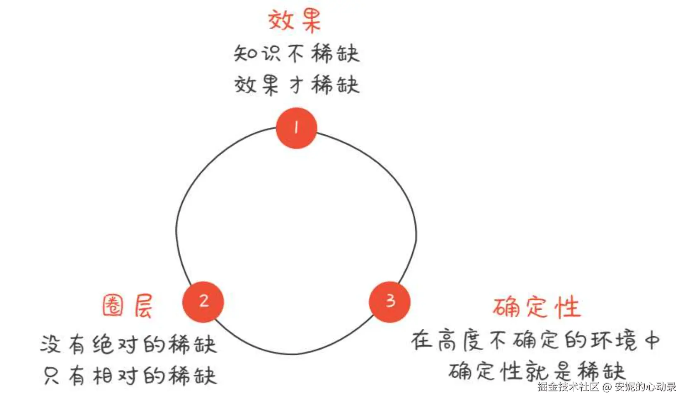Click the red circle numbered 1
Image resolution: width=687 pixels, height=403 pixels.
point(296,128)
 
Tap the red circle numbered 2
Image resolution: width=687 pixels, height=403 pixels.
point(203,301)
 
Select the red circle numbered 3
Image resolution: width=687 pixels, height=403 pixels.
point(389,301)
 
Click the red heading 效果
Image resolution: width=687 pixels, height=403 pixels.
point(295,20)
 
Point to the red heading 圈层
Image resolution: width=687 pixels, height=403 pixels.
point(128,306)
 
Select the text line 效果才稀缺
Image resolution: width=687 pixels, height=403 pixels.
point(296,85)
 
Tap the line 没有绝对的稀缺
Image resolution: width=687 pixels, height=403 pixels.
point(128,345)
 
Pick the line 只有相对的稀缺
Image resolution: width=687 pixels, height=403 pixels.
point(130,376)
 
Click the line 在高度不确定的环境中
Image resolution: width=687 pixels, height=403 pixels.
point(535,340)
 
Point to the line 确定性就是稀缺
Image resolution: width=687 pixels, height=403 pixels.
point(536,371)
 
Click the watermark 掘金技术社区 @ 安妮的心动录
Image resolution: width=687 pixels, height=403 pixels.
point(607,387)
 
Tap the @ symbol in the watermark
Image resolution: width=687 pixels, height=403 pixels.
point(607,387)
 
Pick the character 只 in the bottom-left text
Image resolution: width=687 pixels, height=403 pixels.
point(51,376)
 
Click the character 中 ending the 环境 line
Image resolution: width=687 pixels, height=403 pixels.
point(651,340)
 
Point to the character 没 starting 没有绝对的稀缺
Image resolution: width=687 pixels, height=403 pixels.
point(51,345)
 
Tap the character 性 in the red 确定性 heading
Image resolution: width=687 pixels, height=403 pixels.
point(568,307)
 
